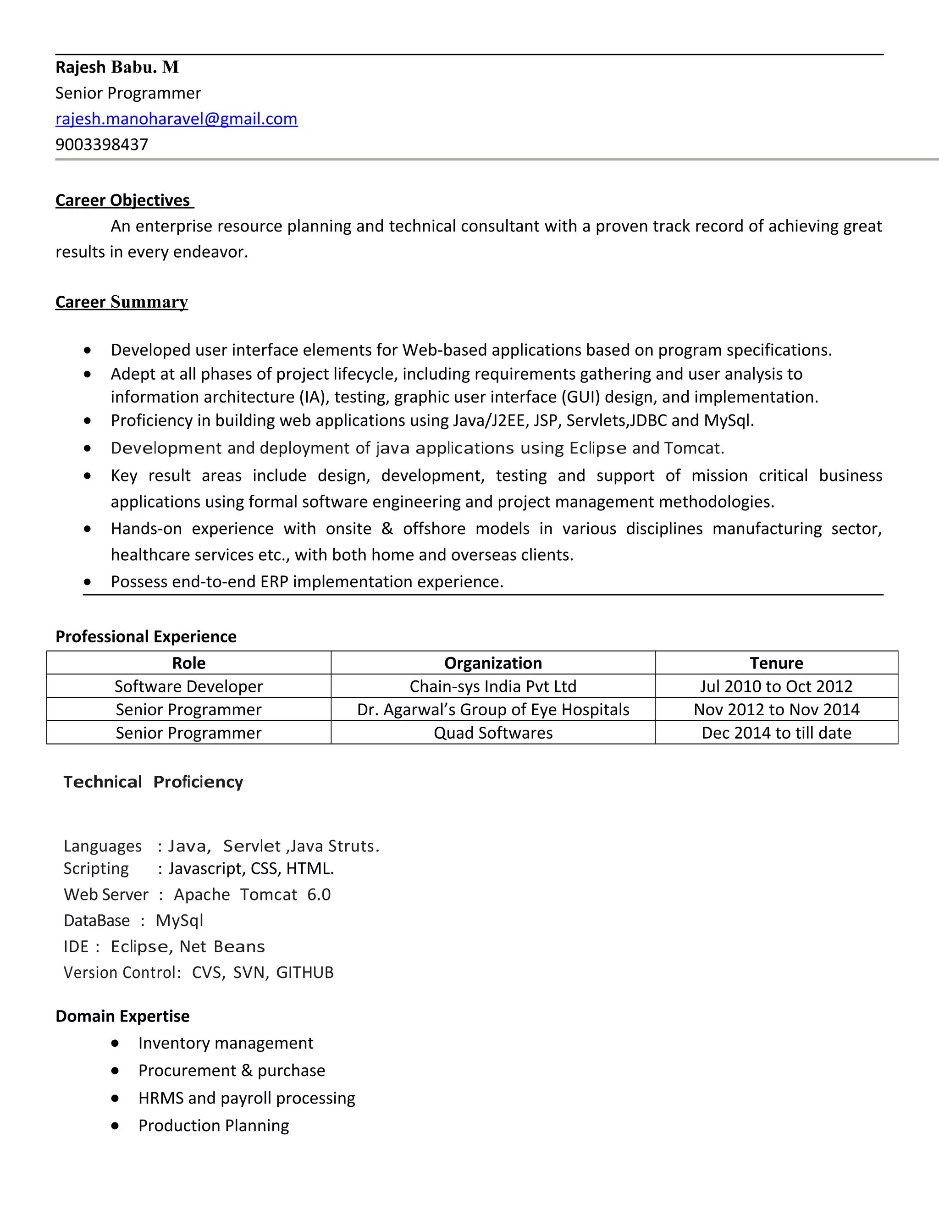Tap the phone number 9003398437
(x=102, y=144)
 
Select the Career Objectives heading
(x=123, y=200)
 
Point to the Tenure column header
(x=776, y=663)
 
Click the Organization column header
(x=493, y=663)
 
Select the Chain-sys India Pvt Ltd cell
(x=493, y=686)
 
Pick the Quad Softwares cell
(x=493, y=733)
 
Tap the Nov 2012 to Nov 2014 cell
(x=776, y=709)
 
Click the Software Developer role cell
(x=188, y=686)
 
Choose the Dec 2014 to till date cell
(x=776, y=733)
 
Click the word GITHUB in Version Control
(x=304, y=972)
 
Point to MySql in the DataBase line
(x=179, y=920)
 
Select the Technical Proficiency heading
(x=153, y=782)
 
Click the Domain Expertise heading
(x=122, y=1016)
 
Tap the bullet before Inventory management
(x=115, y=1043)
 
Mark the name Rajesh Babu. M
(x=117, y=67)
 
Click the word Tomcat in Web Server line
(x=269, y=894)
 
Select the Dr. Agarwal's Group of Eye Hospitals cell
(x=493, y=709)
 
